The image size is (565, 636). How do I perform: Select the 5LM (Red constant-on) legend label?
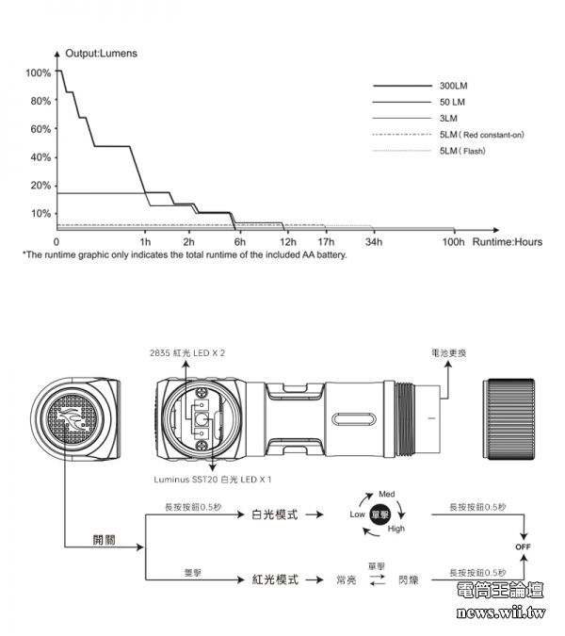point(481,135)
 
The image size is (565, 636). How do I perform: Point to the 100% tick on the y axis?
point(39,73)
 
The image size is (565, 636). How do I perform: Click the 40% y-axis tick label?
point(40,156)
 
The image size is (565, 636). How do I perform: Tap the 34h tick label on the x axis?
point(372,242)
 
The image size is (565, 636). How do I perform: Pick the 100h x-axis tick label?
point(454,242)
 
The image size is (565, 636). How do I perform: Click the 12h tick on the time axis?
point(288,242)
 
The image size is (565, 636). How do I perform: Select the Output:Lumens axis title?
point(102,54)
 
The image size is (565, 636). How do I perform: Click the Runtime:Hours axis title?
point(508,242)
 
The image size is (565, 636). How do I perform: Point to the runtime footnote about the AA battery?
point(185,254)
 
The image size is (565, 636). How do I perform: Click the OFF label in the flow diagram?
point(522,546)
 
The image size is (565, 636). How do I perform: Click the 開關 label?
point(105,540)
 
